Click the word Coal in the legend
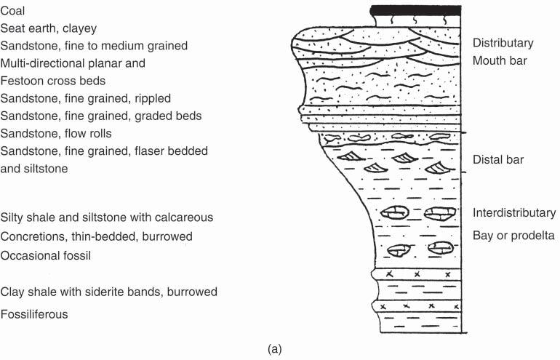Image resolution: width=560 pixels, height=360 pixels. pyautogui.click(x=13, y=11)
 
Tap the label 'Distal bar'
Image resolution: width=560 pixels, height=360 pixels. pyautogui.click(x=498, y=159)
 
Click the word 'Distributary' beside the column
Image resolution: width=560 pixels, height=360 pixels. pyautogui.click(x=503, y=43)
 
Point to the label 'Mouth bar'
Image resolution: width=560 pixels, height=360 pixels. pyautogui.click(x=499, y=60)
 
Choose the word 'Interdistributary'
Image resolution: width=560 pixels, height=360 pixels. pyautogui.click(x=513, y=213)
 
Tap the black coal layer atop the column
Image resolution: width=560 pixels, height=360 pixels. pyautogui.click(x=415, y=9)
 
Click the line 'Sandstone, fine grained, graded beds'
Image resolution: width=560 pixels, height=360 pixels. pyautogui.click(x=101, y=116)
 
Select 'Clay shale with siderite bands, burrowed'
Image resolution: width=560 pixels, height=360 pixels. pyautogui.click(x=109, y=292)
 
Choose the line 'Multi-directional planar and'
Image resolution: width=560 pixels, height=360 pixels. pyautogui.click(x=73, y=63)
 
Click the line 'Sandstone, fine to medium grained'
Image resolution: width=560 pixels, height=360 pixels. pyautogui.click(x=95, y=46)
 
